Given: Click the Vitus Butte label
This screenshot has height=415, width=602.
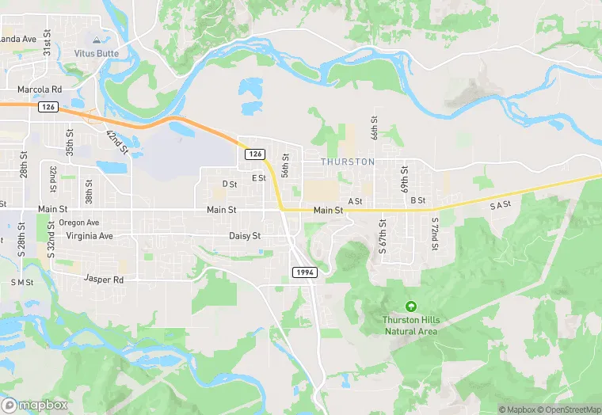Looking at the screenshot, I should tap(96, 53).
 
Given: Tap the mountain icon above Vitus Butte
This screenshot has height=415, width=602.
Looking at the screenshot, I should tap(97, 39).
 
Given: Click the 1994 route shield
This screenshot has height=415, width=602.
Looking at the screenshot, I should tap(305, 272).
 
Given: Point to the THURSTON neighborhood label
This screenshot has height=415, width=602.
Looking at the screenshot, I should tap(348, 162).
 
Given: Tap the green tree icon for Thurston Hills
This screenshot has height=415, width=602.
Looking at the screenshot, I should tap(410, 306).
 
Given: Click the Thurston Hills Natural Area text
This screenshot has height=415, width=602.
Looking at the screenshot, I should tap(410, 325).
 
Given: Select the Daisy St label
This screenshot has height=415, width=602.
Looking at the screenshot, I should tap(245, 236).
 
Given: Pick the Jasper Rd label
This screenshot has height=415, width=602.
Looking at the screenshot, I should tap(108, 280).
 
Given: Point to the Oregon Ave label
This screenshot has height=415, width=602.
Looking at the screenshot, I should tap(78, 223).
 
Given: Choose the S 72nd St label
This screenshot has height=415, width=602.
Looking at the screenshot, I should tap(435, 234).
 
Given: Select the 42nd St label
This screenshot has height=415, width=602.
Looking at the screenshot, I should tap(117, 141).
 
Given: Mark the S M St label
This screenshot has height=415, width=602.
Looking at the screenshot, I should tap(22, 283).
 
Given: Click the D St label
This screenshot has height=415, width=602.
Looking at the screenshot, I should tap(230, 184).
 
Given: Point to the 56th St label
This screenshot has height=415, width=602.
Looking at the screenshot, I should tap(286, 165).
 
